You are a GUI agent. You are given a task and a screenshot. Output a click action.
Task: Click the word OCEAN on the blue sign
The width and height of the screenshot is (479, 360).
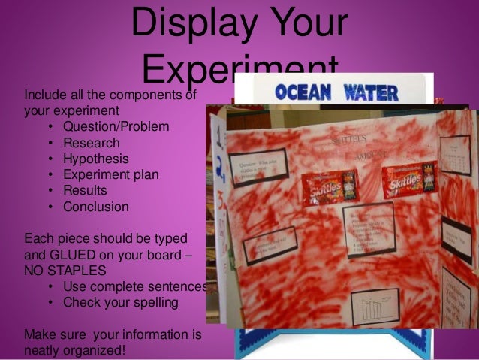[302, 92]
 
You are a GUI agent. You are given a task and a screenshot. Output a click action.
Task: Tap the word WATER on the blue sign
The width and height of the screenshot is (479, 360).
[371, 92]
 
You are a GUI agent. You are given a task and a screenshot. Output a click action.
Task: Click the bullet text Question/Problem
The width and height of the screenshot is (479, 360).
[116, 126]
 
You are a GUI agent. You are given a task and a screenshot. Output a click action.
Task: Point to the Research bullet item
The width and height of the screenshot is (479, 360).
[91, 142]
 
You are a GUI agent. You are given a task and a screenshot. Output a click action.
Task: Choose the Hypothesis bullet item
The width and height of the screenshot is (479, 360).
[95, 159]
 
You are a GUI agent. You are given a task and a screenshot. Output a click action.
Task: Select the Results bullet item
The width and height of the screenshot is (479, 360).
[85, 191]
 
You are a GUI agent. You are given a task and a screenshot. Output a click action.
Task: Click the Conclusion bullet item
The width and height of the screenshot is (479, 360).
[95, 207]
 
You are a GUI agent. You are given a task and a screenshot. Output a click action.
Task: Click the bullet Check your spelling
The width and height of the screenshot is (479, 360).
[120, 302]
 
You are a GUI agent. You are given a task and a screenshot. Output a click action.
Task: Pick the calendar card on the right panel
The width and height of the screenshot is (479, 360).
[455, 155]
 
